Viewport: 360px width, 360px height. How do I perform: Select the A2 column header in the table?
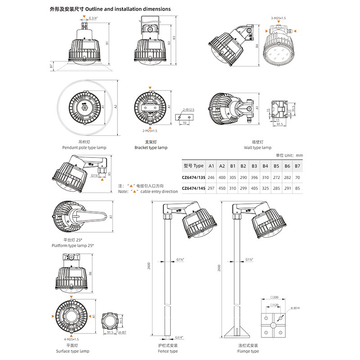pos(222,166)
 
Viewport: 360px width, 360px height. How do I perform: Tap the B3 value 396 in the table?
pos(255,177)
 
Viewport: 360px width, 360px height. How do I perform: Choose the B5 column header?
pos(276,166)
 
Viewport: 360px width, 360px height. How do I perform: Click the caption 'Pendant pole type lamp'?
pos(84,148)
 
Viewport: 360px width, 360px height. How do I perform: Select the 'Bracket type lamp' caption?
pos(151,148)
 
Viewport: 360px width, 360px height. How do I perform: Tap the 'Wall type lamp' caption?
pos(257,148)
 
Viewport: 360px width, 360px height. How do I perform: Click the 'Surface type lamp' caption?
pos(72,351)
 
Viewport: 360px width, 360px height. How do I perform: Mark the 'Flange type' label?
pos(249,351)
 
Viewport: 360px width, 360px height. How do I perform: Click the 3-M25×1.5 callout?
pos(278,18)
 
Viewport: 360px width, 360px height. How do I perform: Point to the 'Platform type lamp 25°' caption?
pos(72,245)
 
